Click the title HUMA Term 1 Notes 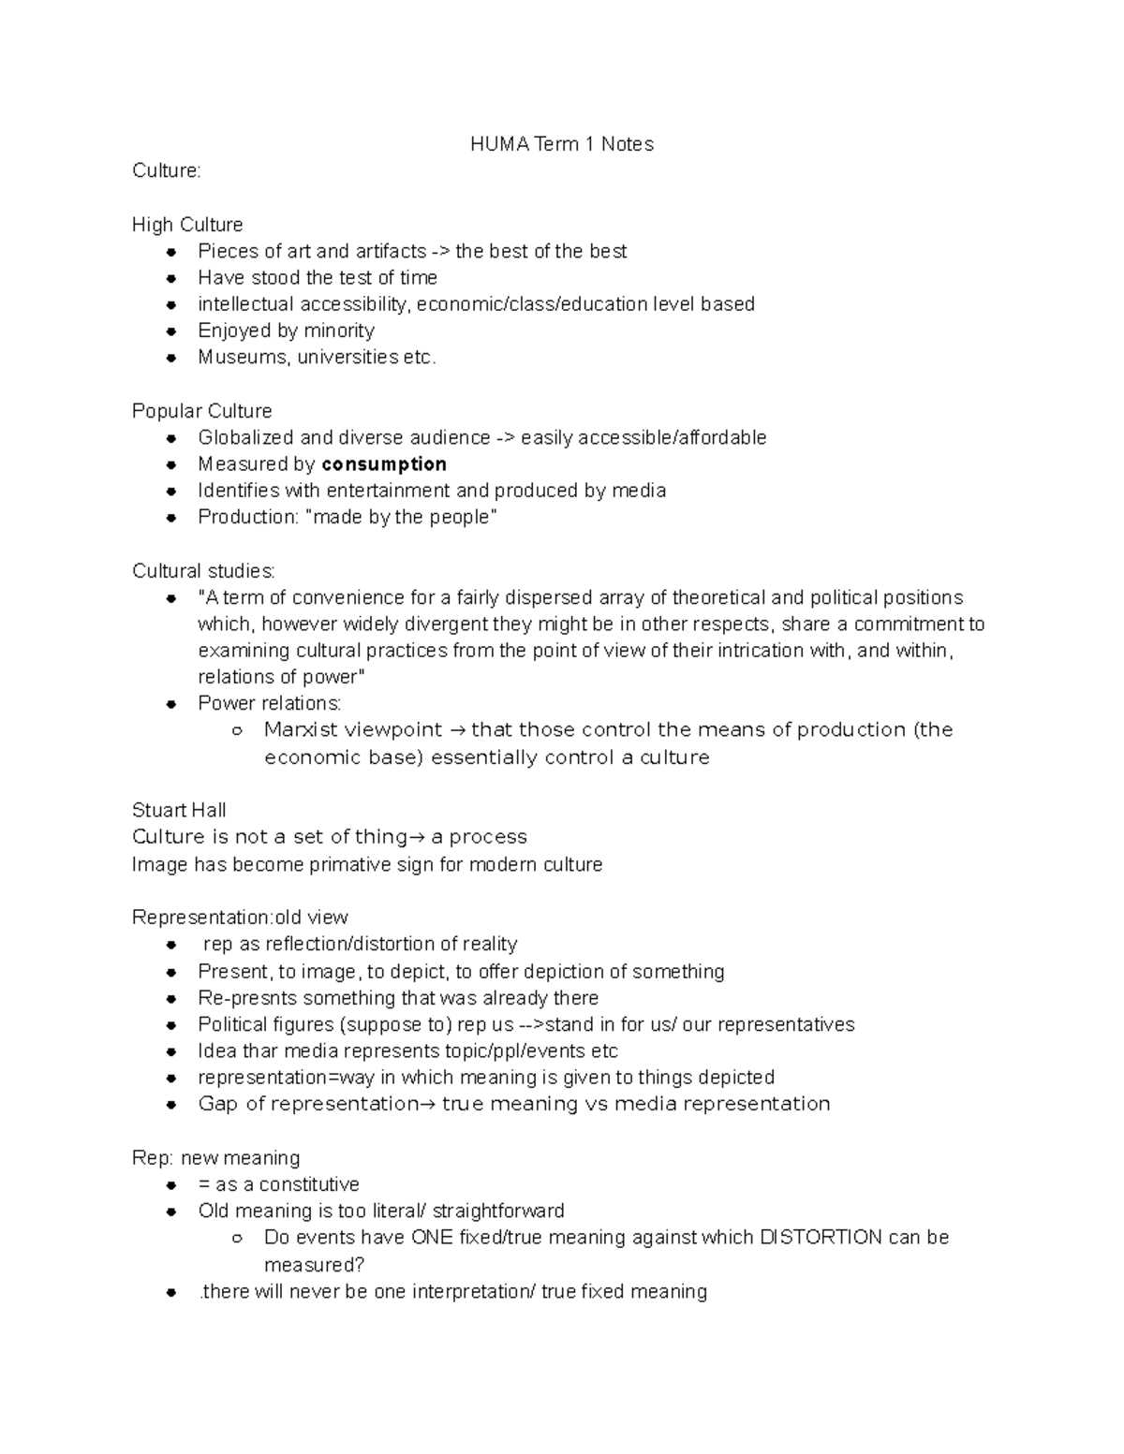pos(562,144)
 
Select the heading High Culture pos(187,225)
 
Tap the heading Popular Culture pos(201,411)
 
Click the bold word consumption pos(384,464)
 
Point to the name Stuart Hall pos(179,811)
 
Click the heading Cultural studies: pos(203,571)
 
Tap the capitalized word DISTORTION pos(821,1238)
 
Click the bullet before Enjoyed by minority pos(170,331)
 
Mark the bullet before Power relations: pos(170,704)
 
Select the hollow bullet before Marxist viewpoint pos(236,730)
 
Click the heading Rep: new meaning pos(215,1158)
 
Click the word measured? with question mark pos(314,1265)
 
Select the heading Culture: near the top pos(167,170)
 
